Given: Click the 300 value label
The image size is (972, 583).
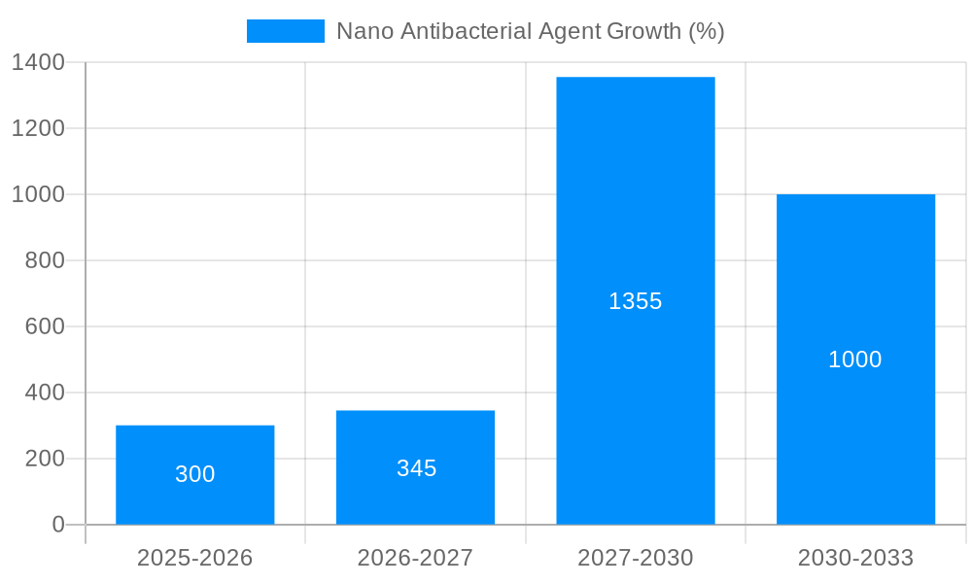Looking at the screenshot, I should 194,474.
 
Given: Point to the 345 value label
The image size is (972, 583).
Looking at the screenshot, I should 416,468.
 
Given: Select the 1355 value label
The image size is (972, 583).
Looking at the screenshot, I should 635,301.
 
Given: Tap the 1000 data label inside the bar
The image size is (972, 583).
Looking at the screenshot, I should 855,360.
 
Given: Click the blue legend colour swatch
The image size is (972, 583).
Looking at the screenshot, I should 285,31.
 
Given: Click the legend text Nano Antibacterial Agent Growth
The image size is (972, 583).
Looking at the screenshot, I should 530,31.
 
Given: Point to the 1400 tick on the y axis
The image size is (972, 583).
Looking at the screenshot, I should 38,62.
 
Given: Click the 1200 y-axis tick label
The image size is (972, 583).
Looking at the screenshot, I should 38,128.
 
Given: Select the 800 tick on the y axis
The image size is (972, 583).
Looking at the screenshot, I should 45,260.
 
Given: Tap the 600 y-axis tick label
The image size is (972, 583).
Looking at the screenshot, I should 45,326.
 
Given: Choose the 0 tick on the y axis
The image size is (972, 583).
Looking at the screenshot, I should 58,525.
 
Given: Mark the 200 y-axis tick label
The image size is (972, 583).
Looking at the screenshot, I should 45,459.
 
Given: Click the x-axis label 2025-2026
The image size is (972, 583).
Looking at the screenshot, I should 194,558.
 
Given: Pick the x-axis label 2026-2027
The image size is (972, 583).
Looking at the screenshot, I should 415,558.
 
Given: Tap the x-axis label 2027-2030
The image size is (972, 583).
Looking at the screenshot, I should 635,558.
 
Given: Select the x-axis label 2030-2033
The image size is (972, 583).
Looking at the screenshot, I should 855,558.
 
